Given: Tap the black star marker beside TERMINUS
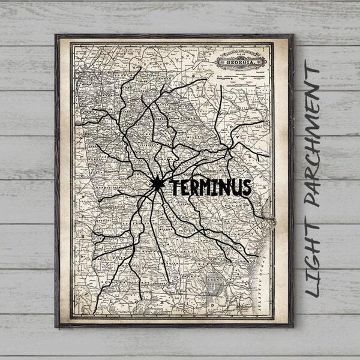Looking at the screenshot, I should click(157, 184).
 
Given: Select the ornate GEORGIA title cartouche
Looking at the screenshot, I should click(240, 60).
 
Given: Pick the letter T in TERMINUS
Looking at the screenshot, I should click(176, 187).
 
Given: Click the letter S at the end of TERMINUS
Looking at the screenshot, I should click(245, 187).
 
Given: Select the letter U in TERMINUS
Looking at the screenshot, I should click(235, 187).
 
